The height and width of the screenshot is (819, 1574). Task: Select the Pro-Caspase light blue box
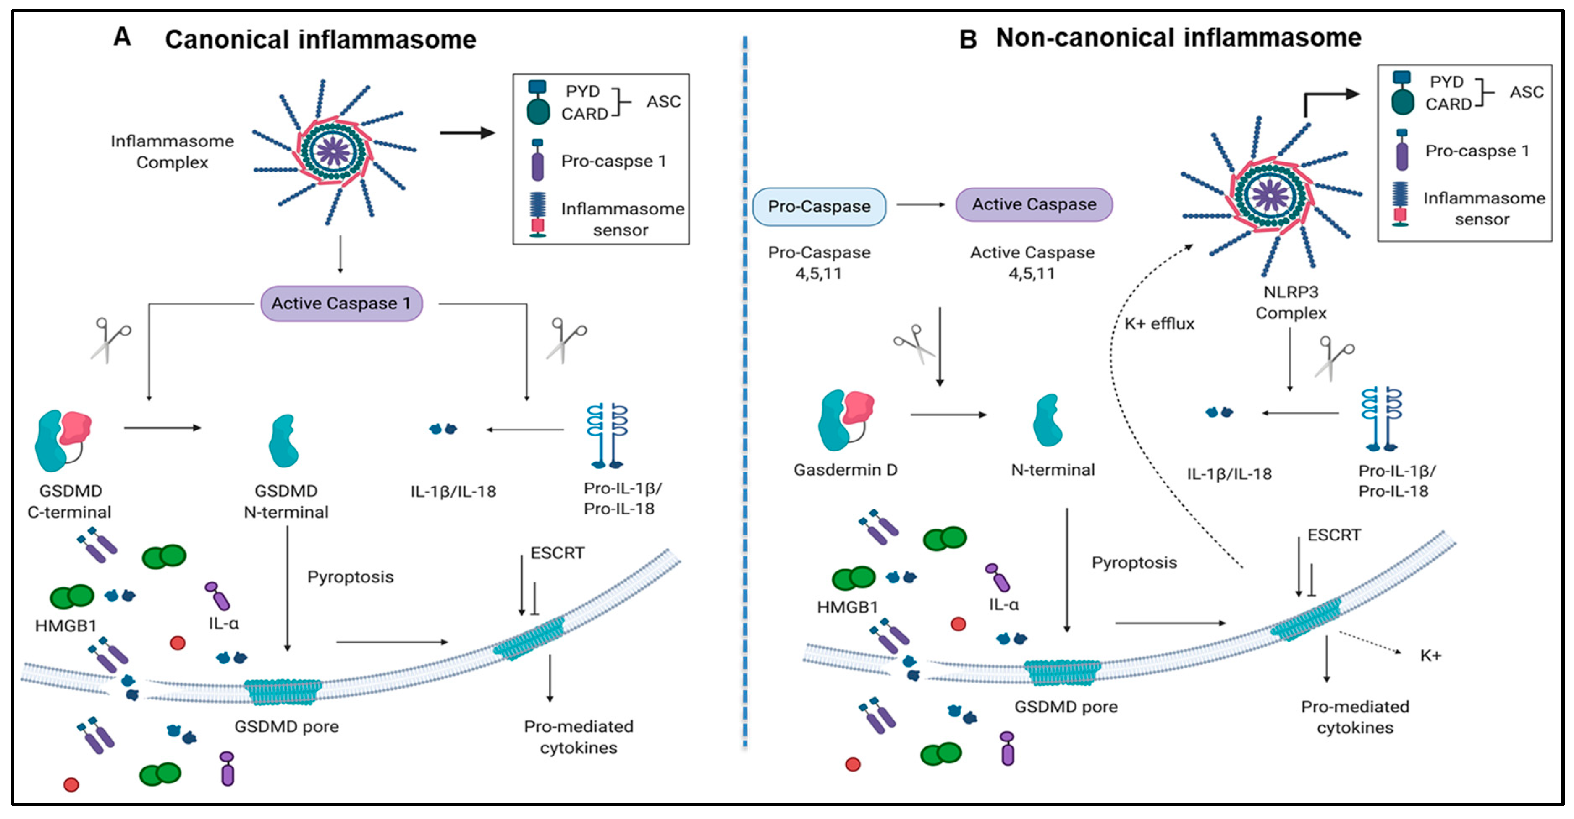pos(819,206)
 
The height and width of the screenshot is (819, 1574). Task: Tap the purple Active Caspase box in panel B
pos(1034,205)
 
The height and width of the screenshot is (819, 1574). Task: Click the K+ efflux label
pos(1159,323)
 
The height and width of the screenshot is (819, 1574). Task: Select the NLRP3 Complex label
pos(1291,303)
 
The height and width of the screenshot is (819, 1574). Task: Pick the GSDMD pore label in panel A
pos(287,727)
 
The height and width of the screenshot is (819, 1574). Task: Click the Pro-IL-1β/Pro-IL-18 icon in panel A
pos(608,435)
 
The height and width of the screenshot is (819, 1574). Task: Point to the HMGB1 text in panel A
pos(65,626)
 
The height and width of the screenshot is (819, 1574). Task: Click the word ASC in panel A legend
pos(664,102)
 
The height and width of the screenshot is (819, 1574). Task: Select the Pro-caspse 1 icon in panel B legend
pos(1402,150)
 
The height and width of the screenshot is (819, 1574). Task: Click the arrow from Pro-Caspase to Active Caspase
pos(921,205)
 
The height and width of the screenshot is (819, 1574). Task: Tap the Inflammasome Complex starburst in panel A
pos(334,151)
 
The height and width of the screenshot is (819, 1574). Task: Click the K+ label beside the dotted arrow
pos(1430,655)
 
